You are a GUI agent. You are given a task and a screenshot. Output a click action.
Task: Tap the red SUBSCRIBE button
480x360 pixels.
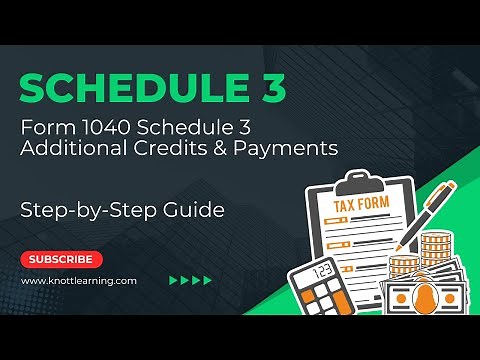[61, 260]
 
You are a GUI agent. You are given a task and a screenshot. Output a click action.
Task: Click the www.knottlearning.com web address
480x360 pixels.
[79, 281]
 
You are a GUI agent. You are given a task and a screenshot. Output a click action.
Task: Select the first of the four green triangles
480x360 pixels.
[174, 281]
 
